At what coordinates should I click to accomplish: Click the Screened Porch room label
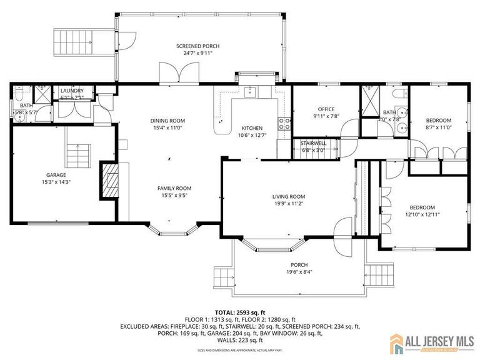pyautogui.click(x=197, y=46)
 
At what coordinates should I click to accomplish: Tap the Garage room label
pyautogui.click(x=56, y=175)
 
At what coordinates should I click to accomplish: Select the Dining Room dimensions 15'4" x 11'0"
pyautogui.click(x=167, y=127)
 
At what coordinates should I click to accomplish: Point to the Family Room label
pyautogui.click(x=174, y=188)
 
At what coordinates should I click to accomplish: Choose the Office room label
pyautogui.click(x=326, y=109)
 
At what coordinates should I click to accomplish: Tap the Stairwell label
pyautogui.click(x=314, y=143)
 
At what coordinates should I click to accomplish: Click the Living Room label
pyautogui.click(x=287, y=196)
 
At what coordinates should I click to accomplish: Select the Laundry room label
pyautogui.click(x=72, y=91)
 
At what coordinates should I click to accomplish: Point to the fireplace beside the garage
pyautogui.click(x=109, y=181)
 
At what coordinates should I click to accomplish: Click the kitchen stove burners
pyautogui.click(x=284, y=123)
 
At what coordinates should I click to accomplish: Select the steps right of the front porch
pyautogui.click(x=381, y=274)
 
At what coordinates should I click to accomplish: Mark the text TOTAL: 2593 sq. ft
pyautogui.click(x=240, y=311)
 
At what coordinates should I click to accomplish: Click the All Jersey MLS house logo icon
pyautogui.click(x=398, y=342)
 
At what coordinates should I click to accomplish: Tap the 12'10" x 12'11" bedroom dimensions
pyautogui.click(x=422, y=214)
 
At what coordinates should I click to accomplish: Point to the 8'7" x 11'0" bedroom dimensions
pyautogui.click(x=439, y=127)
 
